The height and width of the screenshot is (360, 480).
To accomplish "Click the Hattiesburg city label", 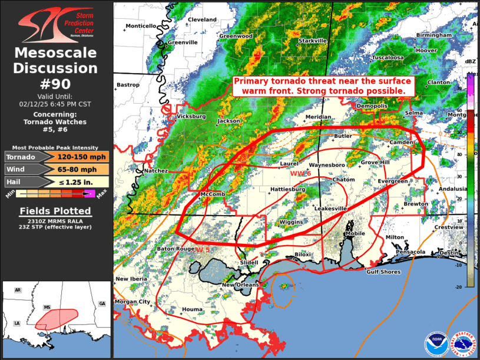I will pyautogui.click(x=287, y=189).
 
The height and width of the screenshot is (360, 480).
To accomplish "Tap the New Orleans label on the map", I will pyautogui.click(x=240, y=285).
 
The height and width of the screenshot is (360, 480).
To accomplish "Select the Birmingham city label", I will pyautogui.click(x=433, y=35).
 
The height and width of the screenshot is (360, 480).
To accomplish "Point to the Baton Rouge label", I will pyautogui.click(x=176, y=249).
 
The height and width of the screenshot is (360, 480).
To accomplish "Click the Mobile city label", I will pyautogui.click(x=355, y=233).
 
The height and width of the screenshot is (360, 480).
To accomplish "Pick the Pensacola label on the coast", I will pyautogui.click(x=410, y=252).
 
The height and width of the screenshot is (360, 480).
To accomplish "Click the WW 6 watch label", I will pyautogui.click(x=300, y=173).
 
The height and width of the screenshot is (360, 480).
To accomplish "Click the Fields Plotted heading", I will pyautogui.click(x=55, y=211).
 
